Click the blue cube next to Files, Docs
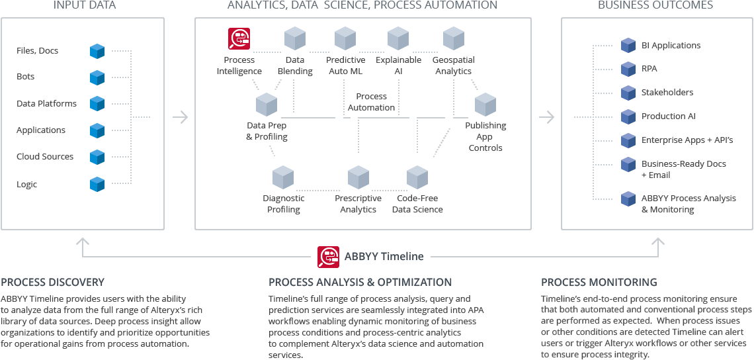point(98,50)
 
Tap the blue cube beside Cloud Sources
point(98,157)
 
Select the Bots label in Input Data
point(26,77)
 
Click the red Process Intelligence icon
point(239,39)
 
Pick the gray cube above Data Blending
point(294,38)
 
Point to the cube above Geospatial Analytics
point(453,38)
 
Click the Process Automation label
point(371,102)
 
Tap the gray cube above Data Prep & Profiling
point(266,105)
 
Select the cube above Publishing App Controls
point(485,105)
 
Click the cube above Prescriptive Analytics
point(358,177)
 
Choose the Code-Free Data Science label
point(417,204)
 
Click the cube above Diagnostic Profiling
point(283,177)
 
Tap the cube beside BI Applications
point(628,46)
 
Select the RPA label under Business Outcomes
point(649,69)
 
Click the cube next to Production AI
point(628,116)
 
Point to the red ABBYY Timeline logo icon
point(328,257)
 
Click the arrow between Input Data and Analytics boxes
point(180,117)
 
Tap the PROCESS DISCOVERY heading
point(53,282)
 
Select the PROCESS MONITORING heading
point(599,282)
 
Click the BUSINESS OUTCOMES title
point(655,5)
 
